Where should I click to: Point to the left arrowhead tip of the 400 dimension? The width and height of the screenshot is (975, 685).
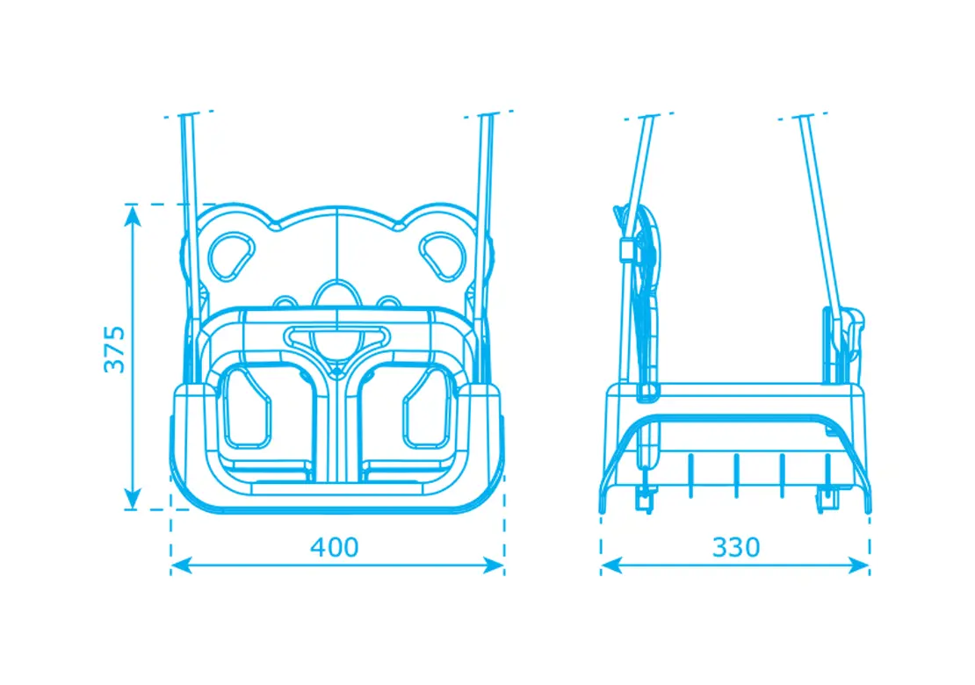click(x=171, y=566)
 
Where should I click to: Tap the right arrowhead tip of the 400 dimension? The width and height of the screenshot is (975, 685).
click(x=503, y=566)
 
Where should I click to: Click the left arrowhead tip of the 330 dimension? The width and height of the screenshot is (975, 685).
click(x=602, y=566)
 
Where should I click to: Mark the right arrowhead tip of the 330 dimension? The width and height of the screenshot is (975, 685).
click(x=870, y=566)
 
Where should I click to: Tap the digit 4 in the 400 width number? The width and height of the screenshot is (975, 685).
click(x=318, y=547)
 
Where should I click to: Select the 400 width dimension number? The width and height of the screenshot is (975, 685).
click(x=335, y=547)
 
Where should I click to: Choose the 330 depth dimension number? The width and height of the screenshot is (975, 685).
click(x=735, y=547)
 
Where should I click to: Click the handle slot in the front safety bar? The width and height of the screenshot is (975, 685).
click(x=336, y=336)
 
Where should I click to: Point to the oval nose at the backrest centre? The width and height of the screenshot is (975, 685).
click(x=337, y=297)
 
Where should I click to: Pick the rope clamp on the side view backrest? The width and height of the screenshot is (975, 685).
click(x=627, y=249)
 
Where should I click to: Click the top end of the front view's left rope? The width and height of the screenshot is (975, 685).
click(x=186, y=116)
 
